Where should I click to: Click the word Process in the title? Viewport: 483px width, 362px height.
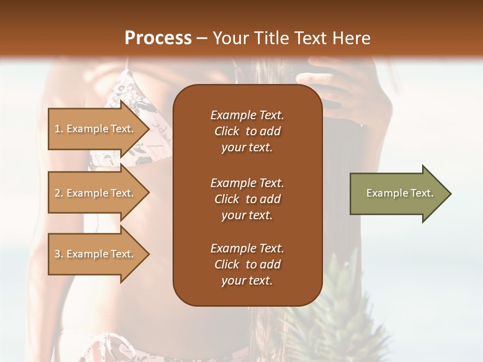[x=158, y=38]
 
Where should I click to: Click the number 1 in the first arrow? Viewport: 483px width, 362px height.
[x=57, y=129]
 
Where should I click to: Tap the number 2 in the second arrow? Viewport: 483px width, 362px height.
[x=57, y=193]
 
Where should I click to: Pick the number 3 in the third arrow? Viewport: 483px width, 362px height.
[x=57, y=254]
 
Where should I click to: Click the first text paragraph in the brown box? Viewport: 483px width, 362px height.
[x=247, y=131]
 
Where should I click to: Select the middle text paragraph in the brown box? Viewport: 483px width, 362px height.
[x=247, y=199]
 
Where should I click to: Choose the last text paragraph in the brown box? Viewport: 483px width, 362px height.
[x=247, y=264]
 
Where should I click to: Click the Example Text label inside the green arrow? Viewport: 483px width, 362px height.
[x=400, y=193]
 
